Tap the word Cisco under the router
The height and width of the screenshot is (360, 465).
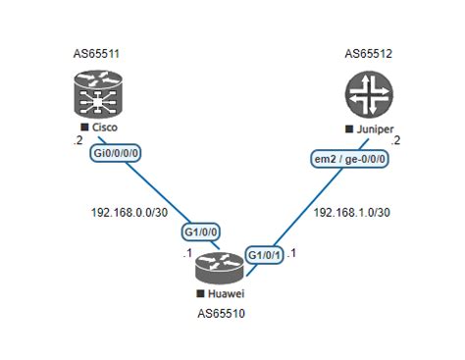click(x=105, y=128)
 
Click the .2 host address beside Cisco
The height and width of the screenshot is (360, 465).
click(x=77, y=140)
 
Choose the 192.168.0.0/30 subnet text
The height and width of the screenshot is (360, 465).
click(x=129, y=211)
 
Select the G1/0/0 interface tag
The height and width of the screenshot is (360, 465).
click(x=200, y=232)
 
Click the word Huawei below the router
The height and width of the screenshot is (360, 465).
click(x=229, y=293)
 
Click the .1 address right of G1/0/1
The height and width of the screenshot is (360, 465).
click(x=291, y=253)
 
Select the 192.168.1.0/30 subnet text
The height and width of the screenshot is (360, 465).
click(x=352, y=212)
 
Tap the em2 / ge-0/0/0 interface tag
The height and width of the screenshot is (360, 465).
click(x=350, y=159)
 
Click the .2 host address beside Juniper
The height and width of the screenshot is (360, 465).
click(x=396, y=139)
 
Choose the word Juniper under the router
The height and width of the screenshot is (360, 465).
click(x=374, y=129)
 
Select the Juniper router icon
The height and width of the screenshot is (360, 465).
click(x=367, y=95)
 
